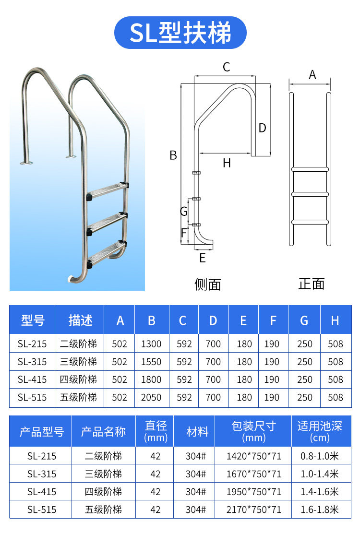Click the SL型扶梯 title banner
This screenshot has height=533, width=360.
pyautogui.click(x=180, y=33)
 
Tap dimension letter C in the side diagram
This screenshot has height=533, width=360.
pyautogui.click(x=227, y=67)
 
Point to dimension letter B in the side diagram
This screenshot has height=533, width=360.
pyautogui.click(x=173, y=155)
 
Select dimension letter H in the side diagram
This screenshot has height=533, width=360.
pyautogui.click(x=227, y=163)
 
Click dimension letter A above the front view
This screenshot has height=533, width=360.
pyautogui.click(x=312, y=75)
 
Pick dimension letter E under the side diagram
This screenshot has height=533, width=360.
pyautogui.click(x=203, y=258)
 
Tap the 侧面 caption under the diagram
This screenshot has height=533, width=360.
pyautogui.click(x=208, y=284)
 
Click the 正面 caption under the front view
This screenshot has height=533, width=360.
pyautogui.click(x=312, y=284)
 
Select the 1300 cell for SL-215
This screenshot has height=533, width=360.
pyautogui.click(x=151, y=344)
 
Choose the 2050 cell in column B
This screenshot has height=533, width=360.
pyautogui.click(x=151, y=397)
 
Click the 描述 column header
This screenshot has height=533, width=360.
pyautogui.click(x=80, y=320)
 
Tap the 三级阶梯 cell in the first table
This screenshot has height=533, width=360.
pyautogui.click(x=78, y=362)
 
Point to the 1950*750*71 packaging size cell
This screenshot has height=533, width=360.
pyautogui.click(x=253, y=492)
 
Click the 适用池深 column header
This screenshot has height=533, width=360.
pyautogui.click(x=320, y=431)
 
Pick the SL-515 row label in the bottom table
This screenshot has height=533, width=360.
pyautogui.click(x=41, y=509)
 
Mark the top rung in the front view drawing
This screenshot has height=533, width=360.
pyautogui.click(x=310, y=169)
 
